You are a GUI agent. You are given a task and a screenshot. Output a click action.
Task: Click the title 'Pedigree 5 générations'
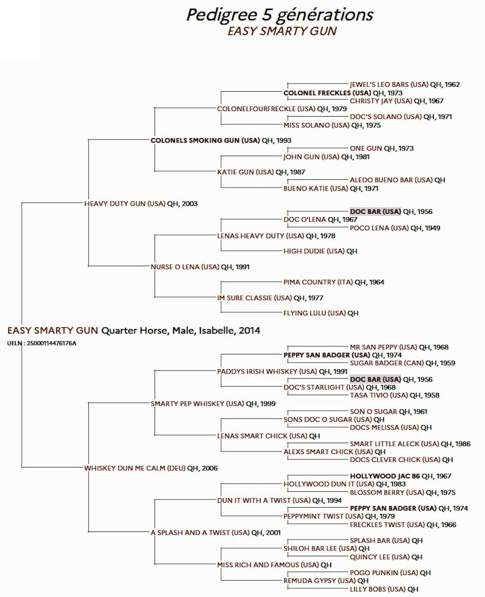pyautogui.click(x=280, y=15)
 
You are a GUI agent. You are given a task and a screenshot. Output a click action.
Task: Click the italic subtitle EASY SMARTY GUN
pyautogui.click(x=282, y=31)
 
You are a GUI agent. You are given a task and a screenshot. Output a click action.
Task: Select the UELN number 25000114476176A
pyautogui.click(x=51, y=343)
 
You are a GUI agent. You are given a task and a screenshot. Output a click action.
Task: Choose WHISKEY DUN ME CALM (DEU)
pyautogui.click(x=135, y=468)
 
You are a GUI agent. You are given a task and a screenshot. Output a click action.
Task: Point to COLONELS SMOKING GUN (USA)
pyautogui.click(x=205, y=141)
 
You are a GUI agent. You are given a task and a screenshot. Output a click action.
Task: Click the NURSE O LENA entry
pyautogui.click(x=185, y=267)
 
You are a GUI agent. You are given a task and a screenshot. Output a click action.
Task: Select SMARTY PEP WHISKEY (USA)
pyautogui.click(x=197, y=404)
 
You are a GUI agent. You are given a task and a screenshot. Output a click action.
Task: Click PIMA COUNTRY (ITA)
pyautogui.click(x=318, y=282)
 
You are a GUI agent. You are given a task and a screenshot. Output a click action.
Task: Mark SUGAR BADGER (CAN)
pyautogui.click(x=387, y=363)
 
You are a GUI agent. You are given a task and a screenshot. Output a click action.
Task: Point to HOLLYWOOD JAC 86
pyautogui.click(x=385, y=476)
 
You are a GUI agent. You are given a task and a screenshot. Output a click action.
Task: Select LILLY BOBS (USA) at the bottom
pyautogui.click(x=378, y=589)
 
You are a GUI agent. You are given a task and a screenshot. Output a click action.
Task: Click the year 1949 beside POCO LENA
pyautogui.click(x=433, y=228)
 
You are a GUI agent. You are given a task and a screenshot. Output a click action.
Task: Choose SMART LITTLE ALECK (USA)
pyautogui.click(x=394, y=444)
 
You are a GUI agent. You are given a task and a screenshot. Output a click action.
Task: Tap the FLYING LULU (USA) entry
pyautogui.click(x=314, y=313)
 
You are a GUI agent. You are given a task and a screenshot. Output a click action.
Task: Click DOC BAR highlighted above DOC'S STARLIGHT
pyautogui.click(x=375, y=380)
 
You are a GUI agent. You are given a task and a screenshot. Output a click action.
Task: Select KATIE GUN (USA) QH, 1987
pyautogui.click(x=261, y=172)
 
